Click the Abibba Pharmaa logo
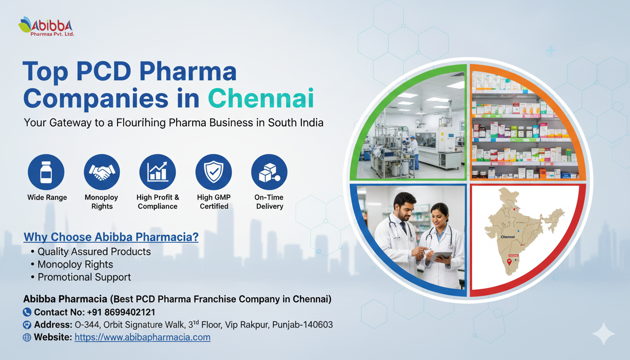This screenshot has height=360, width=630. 46,26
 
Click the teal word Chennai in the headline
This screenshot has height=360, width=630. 261,98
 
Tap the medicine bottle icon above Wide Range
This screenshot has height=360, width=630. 46,172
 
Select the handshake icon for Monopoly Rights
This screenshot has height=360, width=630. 102,172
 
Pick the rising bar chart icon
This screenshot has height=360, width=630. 157,172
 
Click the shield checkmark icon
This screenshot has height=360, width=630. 213,172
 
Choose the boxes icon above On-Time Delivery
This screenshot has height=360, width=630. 269,172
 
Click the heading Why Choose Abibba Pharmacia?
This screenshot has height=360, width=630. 111,237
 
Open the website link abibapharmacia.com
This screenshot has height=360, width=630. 142,337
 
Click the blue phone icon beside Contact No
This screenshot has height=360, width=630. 27,312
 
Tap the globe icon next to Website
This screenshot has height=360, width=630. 27,337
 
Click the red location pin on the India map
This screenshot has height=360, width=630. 509,262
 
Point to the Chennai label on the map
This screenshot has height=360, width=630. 508,237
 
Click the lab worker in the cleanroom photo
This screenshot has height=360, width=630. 413,152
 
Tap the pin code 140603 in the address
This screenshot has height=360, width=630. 318,324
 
